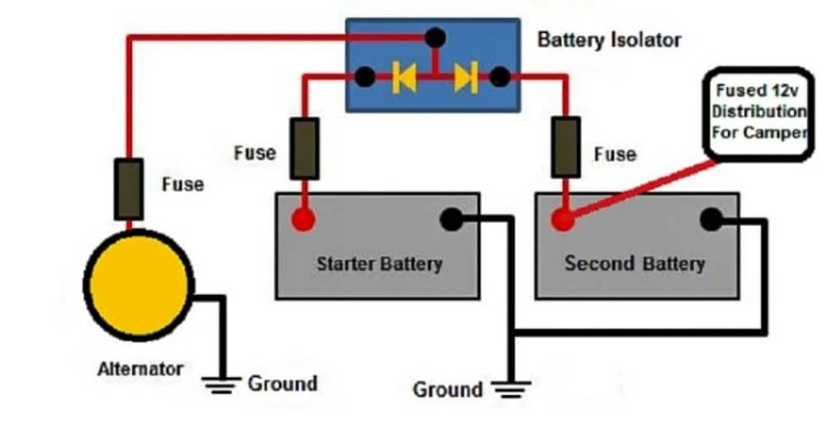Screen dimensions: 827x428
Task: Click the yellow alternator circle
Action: pyautogui.click(x=139, y=285)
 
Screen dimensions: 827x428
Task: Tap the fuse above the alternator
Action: pyautogui.click(x=129, y=189)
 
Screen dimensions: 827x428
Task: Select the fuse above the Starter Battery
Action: pyautogui.click(x=304, y=149)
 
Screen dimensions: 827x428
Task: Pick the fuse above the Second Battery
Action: pyautogui.click(x=566, y=147)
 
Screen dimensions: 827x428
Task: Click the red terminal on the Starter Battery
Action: pyautogui.click(x=304, y=219)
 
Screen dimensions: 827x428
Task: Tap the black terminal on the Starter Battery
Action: pyautogui.click(x=452, y=219)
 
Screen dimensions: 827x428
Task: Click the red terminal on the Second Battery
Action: pyautogui.click(x=562, y=219)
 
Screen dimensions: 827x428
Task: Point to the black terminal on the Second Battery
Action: pyautogui.click(x=711, y=219)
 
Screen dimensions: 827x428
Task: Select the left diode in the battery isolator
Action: pyautogui.click(x=404, y=78)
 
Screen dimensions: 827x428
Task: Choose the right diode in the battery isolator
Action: pyautogui.click(x=466, y=78)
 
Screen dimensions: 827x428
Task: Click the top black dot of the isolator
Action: pyautogui.click(x=435, y=38)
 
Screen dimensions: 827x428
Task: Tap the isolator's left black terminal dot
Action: pyautogui.click(x=365, y=77)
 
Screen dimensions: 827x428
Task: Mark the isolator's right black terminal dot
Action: pyautogui.click(x=500, y=77)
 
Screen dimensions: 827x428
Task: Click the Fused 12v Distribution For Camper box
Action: pyautogui.click(x=758, y=114)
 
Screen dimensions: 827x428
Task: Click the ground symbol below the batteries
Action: pyautogui.click(x=511, y=389)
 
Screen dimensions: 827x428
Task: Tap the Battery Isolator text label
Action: pyautogui.click(x=609, y=40)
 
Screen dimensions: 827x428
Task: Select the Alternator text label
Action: pyautogui.click(x=141, y=369)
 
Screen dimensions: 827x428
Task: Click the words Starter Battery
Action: pyautogui.click(x=380, y=264)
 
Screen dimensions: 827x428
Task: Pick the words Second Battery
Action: pyautogui.click(x=634, y=263)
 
